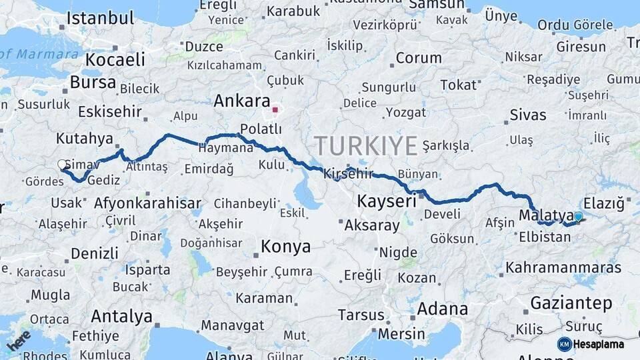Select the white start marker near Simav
pos(63,164)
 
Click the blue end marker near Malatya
pos(578,216)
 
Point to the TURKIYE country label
pos(366,145)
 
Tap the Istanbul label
pos(100,18)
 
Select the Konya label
pos(285,247)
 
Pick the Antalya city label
pos(121,316)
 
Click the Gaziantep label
pos(571,304)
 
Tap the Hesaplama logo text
pos(598,344)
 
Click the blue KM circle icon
pos(564,344)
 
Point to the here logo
pos(18,339)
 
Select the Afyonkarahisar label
pos(148,203)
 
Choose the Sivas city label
pos(527,115)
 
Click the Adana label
pos(443,309)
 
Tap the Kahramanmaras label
pos(563,268)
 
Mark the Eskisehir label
pos(109,111)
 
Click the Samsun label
pos(436,5)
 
